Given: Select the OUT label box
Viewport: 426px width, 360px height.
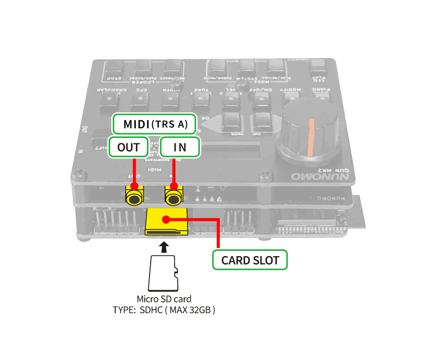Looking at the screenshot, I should pos(128,147).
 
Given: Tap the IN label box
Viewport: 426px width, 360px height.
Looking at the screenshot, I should pos(180,147).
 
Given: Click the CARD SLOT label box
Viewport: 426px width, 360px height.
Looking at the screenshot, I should pos(250,260).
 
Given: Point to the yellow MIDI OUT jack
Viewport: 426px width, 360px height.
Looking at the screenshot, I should pos(134,197).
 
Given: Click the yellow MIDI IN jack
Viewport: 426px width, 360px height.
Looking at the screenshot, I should pos(173,197).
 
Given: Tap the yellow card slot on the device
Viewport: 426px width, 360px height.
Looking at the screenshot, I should pos(166,222).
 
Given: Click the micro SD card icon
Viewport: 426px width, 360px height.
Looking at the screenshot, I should pos(164,273).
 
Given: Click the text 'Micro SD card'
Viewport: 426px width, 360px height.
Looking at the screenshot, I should pos(164,299).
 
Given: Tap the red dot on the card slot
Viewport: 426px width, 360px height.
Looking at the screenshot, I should pos(167,218).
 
